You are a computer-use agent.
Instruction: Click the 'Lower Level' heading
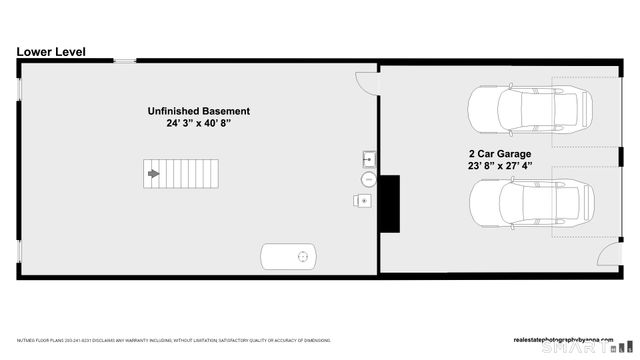[x=52, y=51]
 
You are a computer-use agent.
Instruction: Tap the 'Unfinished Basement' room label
[x=199, y=111]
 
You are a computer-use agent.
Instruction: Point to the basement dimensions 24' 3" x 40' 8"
[x=199, y=125]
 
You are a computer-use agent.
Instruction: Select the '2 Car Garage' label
[x=500, y=154]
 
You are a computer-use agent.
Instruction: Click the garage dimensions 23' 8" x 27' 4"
[x=500, y=167]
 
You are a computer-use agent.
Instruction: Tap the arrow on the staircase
[x=153, y=174]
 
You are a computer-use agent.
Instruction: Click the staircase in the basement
[x=180, y=174]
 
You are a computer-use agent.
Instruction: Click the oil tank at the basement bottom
[x=289, y=256]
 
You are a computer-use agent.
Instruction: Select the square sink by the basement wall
[x=368, y=158]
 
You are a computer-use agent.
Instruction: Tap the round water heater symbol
[x=369, y=180]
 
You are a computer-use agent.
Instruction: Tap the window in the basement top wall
[x=125, y=62]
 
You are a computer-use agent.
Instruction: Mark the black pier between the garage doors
[x=620, y=156]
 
